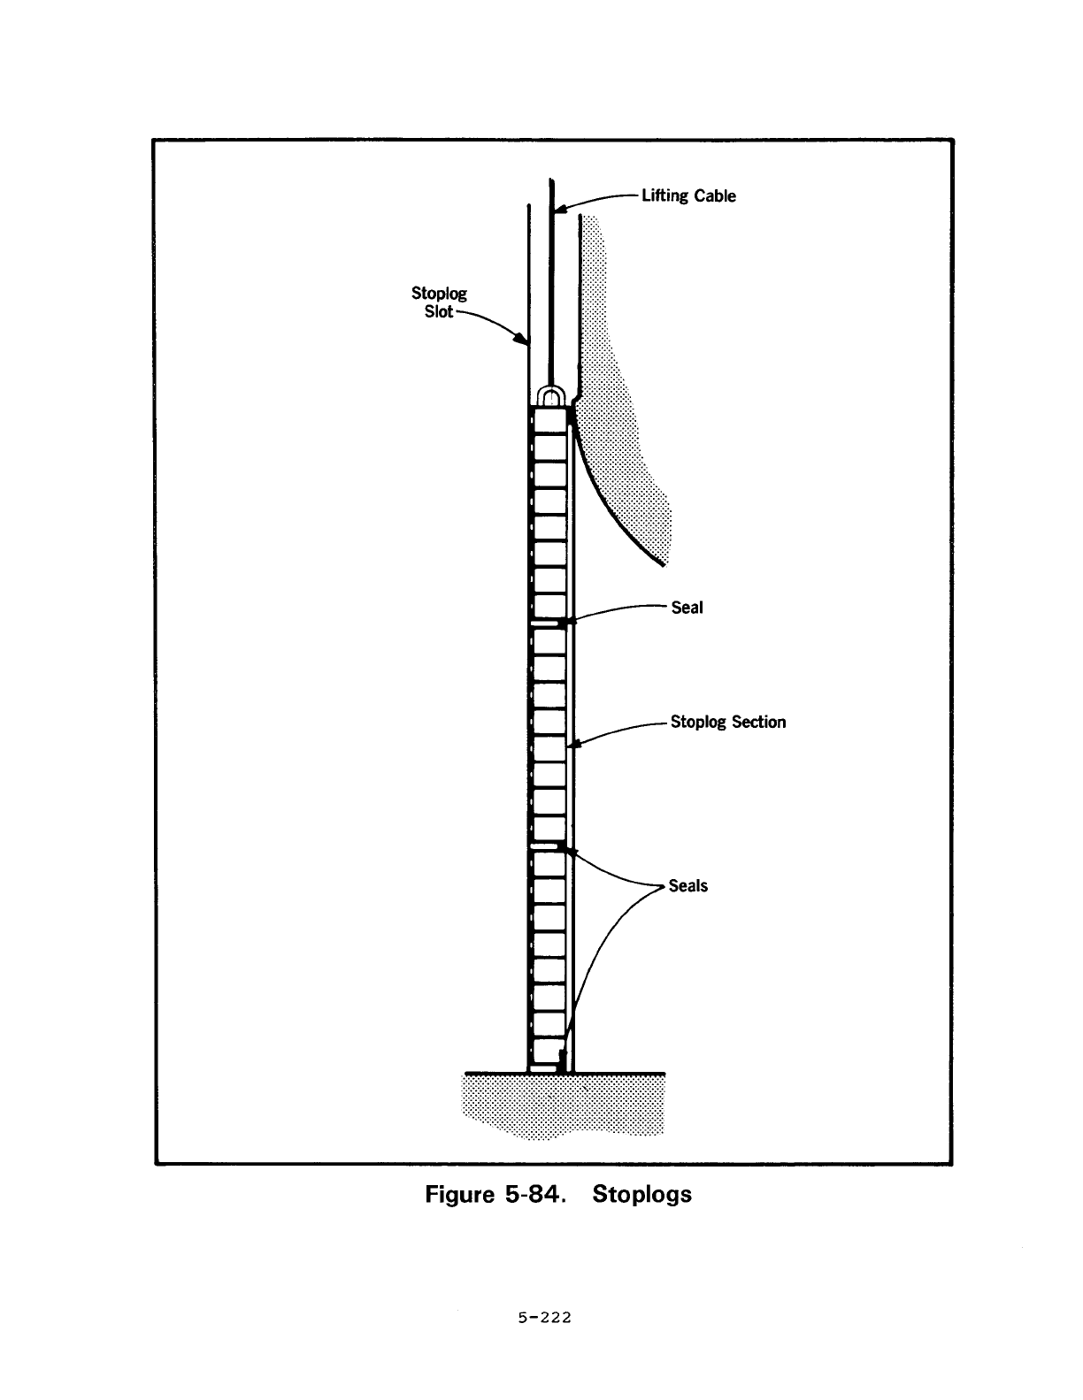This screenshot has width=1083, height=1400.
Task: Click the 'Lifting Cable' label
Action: point(688,195)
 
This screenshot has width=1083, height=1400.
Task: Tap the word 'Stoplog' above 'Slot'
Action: point(439,294)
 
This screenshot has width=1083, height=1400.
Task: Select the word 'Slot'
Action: point(439,312)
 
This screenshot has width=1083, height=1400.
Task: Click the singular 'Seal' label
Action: point(687,608)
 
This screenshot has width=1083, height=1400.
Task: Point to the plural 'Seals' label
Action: point(688,886)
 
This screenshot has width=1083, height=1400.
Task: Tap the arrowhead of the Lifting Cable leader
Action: point(559,209)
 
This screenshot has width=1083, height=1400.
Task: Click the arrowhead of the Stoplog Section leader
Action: point(574,744)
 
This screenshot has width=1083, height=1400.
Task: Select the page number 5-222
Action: point(544,1318)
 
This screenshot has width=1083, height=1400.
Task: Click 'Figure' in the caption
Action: point(459,1195)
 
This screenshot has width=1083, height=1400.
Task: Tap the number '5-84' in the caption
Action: point(534,1195)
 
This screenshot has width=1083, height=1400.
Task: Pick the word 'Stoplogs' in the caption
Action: point(641,1195)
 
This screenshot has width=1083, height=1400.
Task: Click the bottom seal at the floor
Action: point(562,1062)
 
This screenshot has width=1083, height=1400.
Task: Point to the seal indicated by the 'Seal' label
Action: point(563,623)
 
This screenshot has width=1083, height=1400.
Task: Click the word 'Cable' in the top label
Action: point(715,195)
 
